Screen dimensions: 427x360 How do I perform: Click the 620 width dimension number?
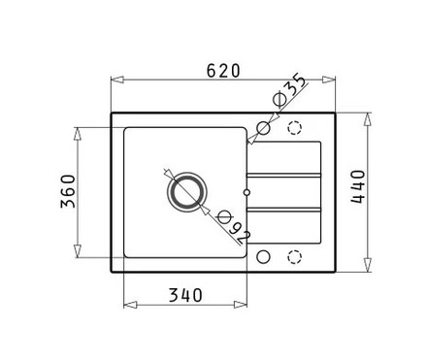pyautogui.click(x=223, y=71)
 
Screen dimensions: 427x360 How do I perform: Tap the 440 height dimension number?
pyautogui.click(x=358, y=186)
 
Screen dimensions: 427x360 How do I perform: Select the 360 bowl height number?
pyautogui.click(x=68, y=191)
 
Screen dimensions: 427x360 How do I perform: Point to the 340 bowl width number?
pyautogui.click(x=185, y=295)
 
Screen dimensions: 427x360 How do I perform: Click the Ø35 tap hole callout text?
pyautogui.click(x=289, y=91)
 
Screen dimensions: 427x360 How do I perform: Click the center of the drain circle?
pyautogui.click(x=186, y=192)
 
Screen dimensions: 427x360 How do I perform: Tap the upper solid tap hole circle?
pyautogui.click(x=263, y=128)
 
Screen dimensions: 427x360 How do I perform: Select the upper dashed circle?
pyautogui.click(x=295, y=128)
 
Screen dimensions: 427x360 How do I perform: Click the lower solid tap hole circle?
pyautogui.click(x=263, y=257)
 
